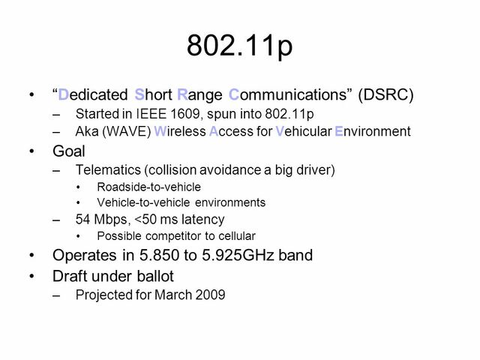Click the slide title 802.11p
[x=240, y=46]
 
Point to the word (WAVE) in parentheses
[x=119, y=132]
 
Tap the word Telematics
[x=105, y=169]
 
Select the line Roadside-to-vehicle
[x=139, y=187]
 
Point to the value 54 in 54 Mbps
[x=83, y=220]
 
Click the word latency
[x=202, y=220]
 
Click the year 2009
[x=209, y=294]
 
